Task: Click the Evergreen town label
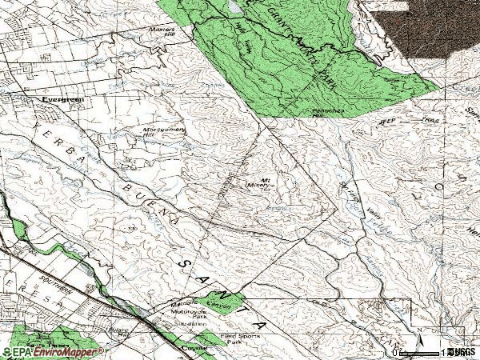(x=61, y=99)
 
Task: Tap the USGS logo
(x=462, y=351)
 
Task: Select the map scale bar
(x=420, y=352)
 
